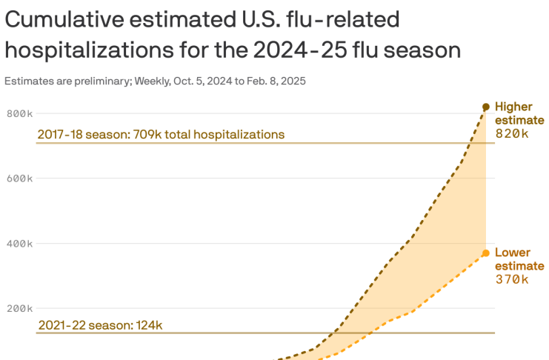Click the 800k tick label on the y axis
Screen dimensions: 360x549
pos(20,113)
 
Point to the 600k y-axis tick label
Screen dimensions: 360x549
pos(20,179)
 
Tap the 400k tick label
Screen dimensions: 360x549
pos(20,244)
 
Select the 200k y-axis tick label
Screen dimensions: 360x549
pos(20,309)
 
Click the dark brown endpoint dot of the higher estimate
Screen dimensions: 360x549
pos(486,107)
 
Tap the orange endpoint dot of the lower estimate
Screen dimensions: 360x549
pos(486,253)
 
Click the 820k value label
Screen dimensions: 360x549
pos(512,133)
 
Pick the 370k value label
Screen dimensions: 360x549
pos(512,279)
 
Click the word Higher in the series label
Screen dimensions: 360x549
pos(514,107)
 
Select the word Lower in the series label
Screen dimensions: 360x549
pos(512,253)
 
